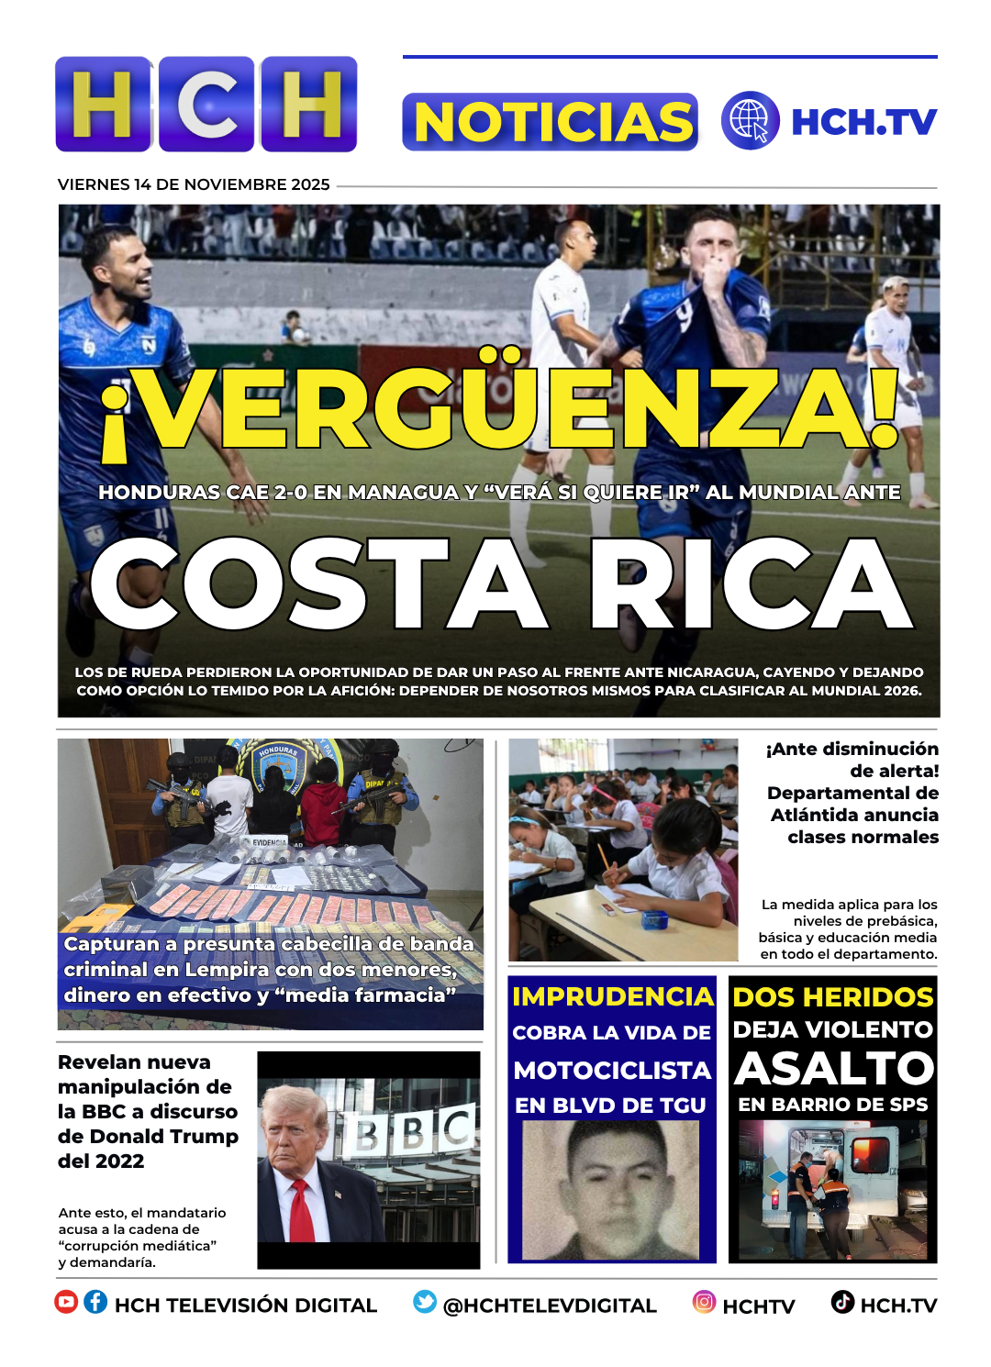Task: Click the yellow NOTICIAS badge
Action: pyautogui.click(x=550, y=122)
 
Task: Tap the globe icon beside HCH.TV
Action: pyautogui.click(x=750, y=121)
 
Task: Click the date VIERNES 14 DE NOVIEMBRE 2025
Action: pyautogui.click(x=194, y=184)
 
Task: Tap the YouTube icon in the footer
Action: pyautogui.click(x=66, y=1302)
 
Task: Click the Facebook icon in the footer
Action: pyautogui.click(x=95, y=1302)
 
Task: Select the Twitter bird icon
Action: pyautogui.click(x=425, y=1302)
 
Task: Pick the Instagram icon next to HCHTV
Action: pyautogui.click(x=704, y=1302)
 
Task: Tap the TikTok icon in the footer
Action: pyautogui.click(x=842, y=1302)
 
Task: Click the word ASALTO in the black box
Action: pyautogui.click(x=833, y=1068)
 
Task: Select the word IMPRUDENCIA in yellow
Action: pyautogui.click(x=612, y=996)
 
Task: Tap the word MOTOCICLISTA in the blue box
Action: pyautogui.click(x=612, y=1071)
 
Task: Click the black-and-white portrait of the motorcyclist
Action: pyautogui.click(x=610, y=1190)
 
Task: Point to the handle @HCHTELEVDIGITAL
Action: pyautogui.click(x=550, y=1306)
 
